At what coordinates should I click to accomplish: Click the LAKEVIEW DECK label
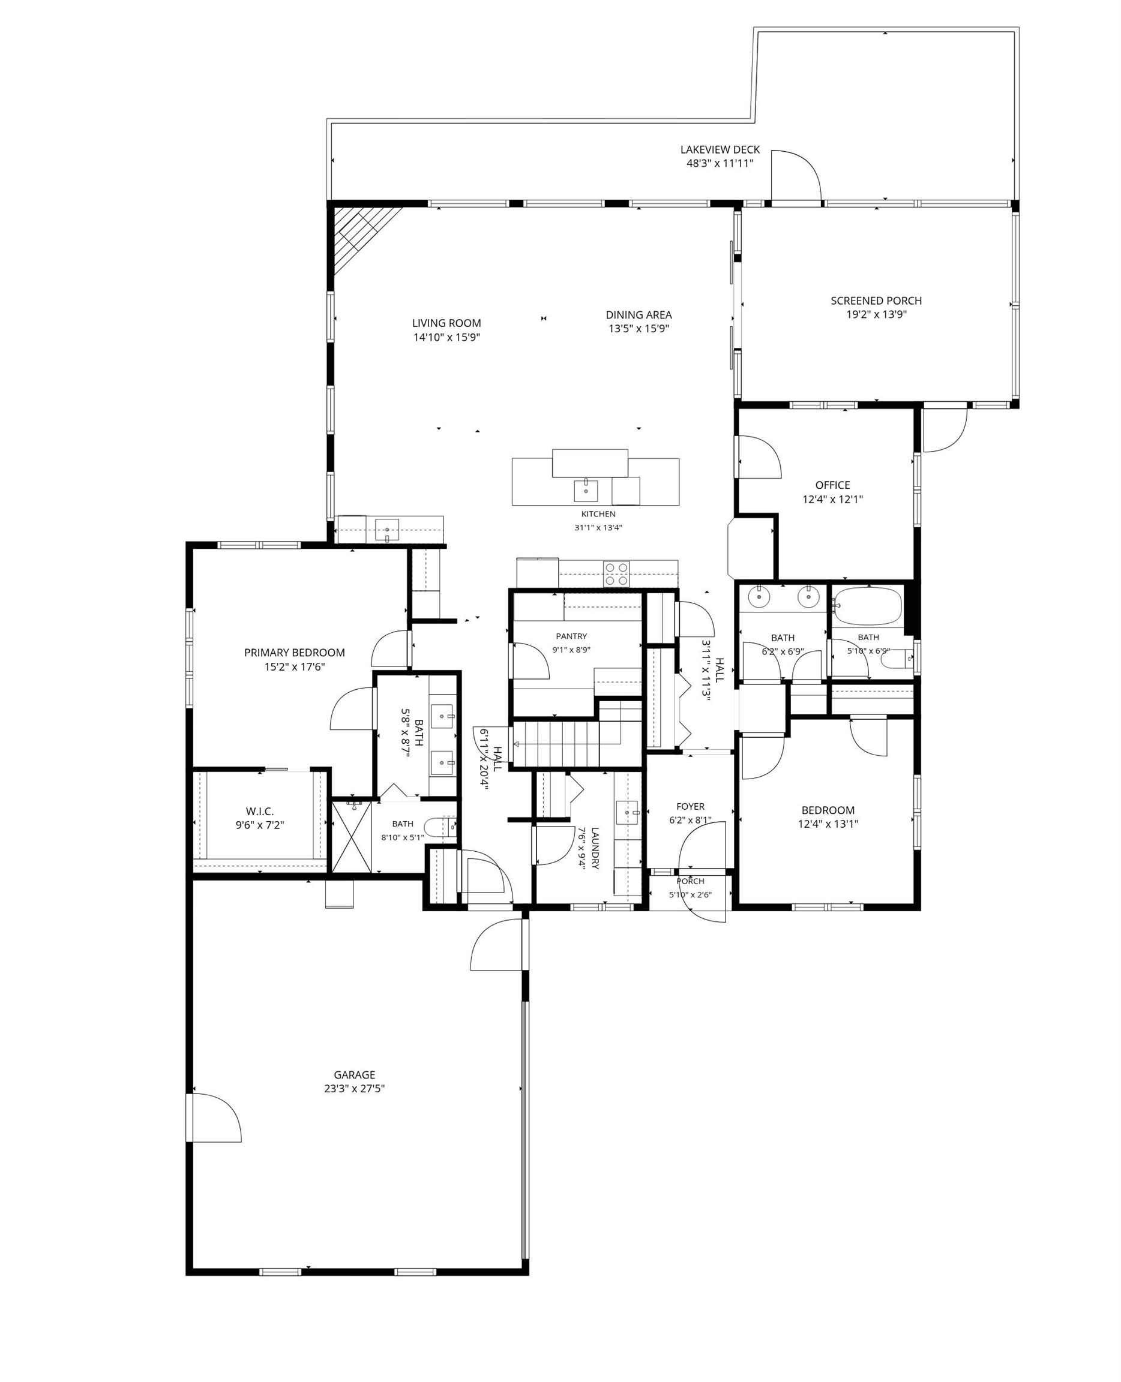pos(720,150)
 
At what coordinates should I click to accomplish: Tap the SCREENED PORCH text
pos(876,301)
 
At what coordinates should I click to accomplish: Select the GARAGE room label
pos(354,1075)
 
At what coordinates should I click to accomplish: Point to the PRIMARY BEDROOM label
pos(295,653)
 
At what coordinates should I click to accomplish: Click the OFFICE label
pos(832,485)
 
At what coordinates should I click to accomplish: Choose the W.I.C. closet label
pos(260,812)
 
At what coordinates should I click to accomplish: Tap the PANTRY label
pos(571,636)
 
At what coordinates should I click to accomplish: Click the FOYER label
pos(690,806)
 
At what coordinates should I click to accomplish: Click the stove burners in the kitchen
pos(616,573)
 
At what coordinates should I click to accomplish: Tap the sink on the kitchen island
pos(586,491)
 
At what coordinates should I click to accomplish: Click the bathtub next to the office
pos(867,605)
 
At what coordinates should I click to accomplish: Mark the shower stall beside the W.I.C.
pos(352,837)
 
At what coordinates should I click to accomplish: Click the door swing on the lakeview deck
pos(796,176)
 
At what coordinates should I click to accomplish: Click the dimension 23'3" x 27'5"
pos(355,1088)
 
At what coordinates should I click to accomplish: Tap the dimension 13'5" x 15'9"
pos(639,329)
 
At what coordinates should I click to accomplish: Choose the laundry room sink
pos(627,813)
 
